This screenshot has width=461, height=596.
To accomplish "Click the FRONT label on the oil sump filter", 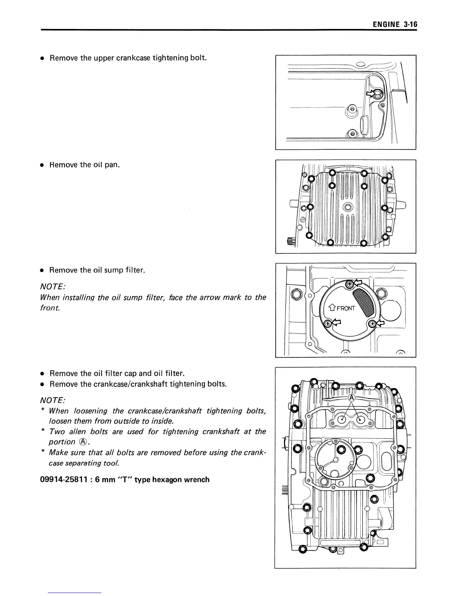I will pyautogui.click(x=345, y=309).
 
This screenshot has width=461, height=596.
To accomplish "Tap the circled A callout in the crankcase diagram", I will pyautogui.click(x=351, y=398).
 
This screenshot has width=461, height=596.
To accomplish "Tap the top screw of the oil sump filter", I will pyautogui.click(x=349, y=284).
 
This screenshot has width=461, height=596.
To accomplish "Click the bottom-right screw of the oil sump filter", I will pyautogui.click(x=372, y=324).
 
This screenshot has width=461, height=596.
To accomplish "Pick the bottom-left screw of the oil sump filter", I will pyautogui.click(x=328, y=323).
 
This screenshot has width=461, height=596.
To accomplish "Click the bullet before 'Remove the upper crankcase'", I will pyautogui.click(x=43, y=59).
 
